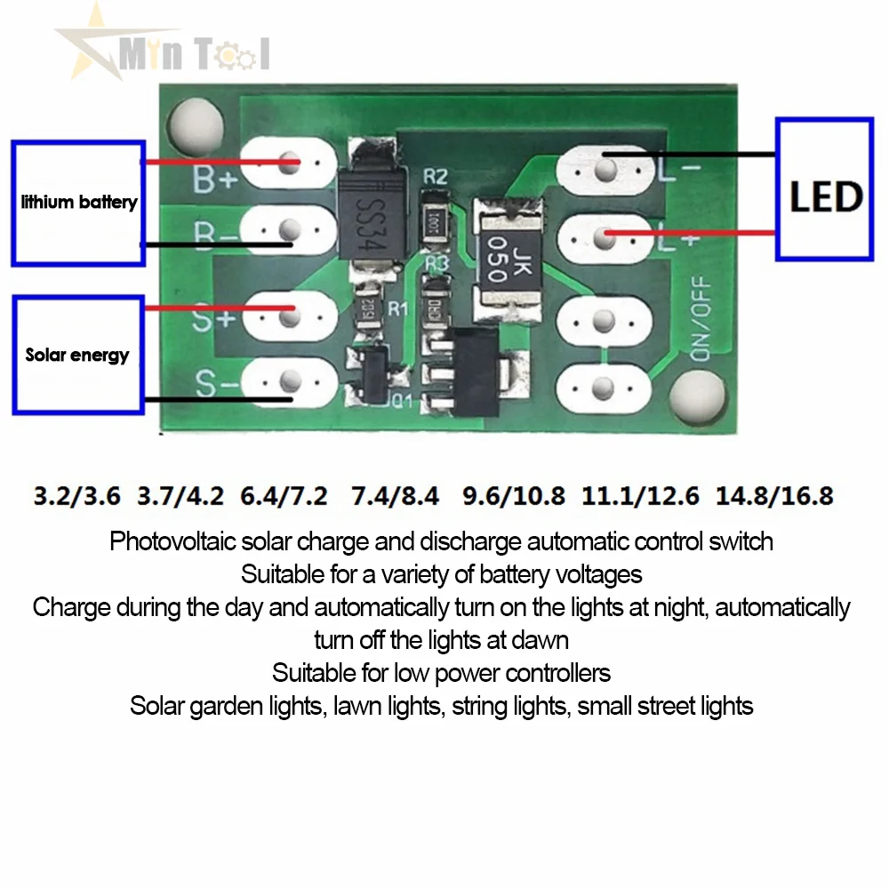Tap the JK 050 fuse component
pos(501,257)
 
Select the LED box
pos(824,190)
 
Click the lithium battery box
pos(78,203)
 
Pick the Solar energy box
pos(78,355)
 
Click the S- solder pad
pos(287,383)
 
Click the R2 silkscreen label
pos(435,176)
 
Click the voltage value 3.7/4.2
pos(180,495)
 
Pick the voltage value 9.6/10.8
pos(514,495)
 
